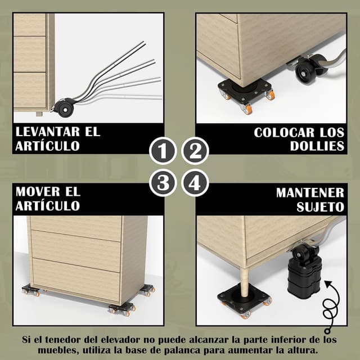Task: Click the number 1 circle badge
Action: pyautogui.click(x=162, y=151)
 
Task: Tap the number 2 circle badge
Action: pyautogui.click(x=195, y=151)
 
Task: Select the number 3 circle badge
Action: pyautogui.click(x=162, y=183)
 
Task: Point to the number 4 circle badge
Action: pyautogui.click(x=195, y=183)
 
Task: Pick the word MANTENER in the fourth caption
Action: pyautogui.click(x=310, y=192)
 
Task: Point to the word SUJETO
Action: pyautogui.click(x=320, y=206)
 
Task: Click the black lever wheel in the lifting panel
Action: pyautogui.click(x=65, y=106)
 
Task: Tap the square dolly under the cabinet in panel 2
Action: pyautogui.click(x=246, y=92)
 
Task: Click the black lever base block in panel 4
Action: pyautogui.click(x=304, y=276)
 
